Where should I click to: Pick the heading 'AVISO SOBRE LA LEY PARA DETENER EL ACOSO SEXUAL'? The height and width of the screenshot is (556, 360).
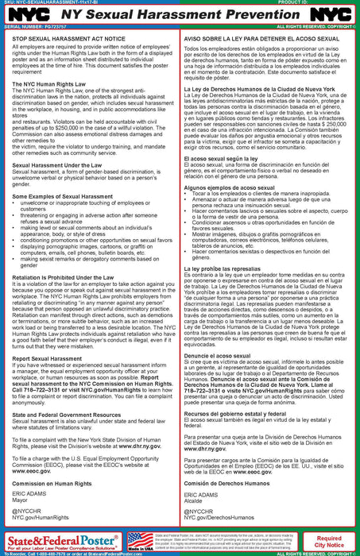point(257,37)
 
